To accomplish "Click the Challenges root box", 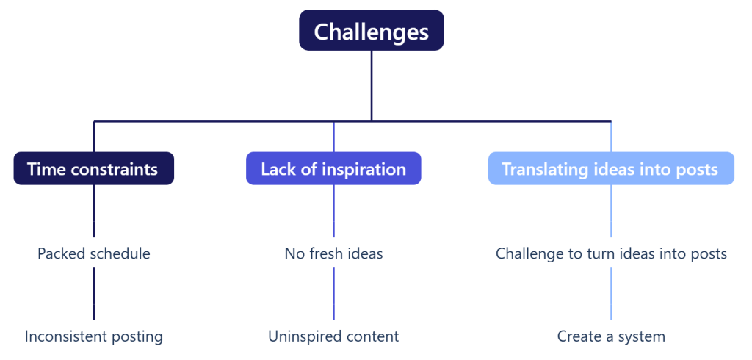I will coord(371,31).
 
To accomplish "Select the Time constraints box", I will coord(93,169).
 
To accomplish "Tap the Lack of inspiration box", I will coord(333,169).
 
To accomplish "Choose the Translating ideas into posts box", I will coord(610,169).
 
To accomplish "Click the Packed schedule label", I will coord(93,254).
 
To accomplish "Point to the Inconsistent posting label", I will coord(93,337).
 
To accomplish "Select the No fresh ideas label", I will coord(333,254).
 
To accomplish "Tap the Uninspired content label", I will coord(333,337).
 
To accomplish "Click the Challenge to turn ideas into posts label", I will coord(611,254).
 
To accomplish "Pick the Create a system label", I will coord(611,337).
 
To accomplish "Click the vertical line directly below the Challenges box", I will coord(371,84).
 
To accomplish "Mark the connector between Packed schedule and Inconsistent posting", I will coord(94,294).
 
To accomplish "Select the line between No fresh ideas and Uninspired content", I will coord(333,294).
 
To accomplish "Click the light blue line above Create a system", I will coord(611,294).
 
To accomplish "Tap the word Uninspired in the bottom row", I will coord(300,337).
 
